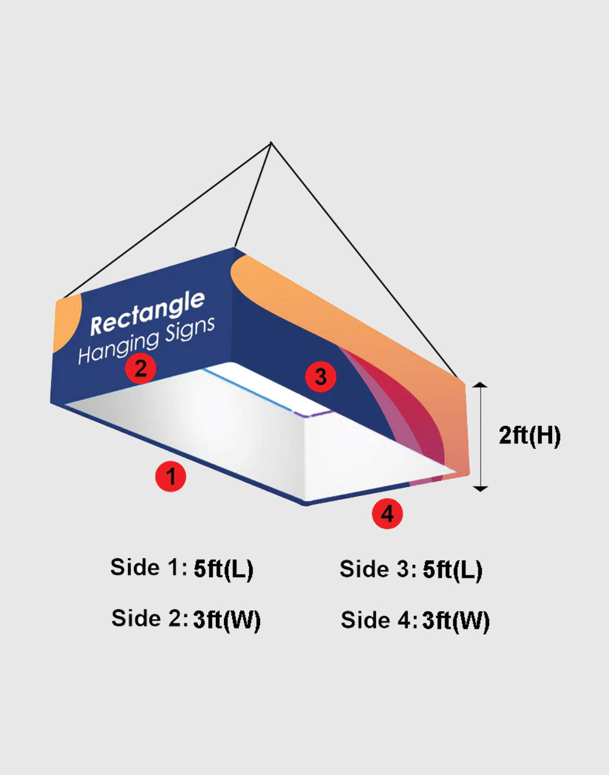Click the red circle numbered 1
(171, 476)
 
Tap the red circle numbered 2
(140, 368)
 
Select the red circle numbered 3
(321, 377)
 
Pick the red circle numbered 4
(387, 514)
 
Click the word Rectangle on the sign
(147, 313)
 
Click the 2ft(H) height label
(529, 436)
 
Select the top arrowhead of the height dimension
(480, 385)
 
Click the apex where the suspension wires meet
(271, 143)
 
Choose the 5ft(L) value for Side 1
(224, 569)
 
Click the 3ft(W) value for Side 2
(226, 619)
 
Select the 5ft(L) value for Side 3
(452, 570)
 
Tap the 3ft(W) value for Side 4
(456, 621)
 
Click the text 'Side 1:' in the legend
(148, 567)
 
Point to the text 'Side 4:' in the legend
(379, 620)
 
